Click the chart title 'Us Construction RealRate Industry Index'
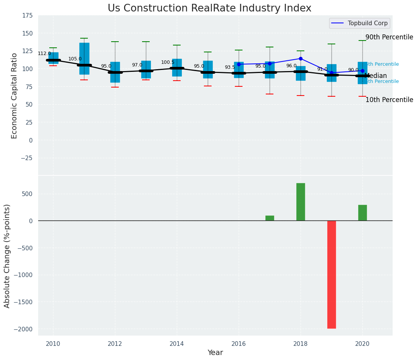pos(209,8)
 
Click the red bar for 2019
pos(331,274)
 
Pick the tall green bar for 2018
pos(301,202)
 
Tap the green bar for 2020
pos(362,213)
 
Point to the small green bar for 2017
pos(270,218)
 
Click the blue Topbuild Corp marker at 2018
pos(301,58)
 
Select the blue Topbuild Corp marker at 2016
pos(239,64)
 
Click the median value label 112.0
pos(44,54)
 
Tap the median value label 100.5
pos(168,62)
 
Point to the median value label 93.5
pos(230,67)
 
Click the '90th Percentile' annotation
pos(389,37)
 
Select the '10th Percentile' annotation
pos(389,100)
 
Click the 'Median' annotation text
pos(376,76)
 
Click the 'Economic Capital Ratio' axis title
pos(15,96)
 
